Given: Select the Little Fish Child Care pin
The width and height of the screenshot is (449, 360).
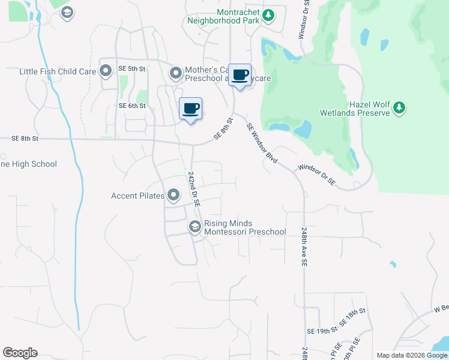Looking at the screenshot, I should [x=106, y=72].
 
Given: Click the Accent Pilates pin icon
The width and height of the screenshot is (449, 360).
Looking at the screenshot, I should [x=173, y=195].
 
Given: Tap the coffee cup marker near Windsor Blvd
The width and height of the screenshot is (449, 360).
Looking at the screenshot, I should [x=240, y=76].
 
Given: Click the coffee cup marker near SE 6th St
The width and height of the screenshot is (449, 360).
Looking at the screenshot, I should [x=191, y=109].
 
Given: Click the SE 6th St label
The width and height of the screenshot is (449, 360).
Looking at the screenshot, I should [x=133, y=106].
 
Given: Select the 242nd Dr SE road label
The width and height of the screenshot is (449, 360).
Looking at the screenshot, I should [x=193, y=188].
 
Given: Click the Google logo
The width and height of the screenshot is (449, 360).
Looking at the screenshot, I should [x=20, y=353].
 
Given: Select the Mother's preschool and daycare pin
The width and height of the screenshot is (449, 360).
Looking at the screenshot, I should [x=176, y=74].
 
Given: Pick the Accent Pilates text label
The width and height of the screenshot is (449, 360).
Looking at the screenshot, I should [x=137, y=196].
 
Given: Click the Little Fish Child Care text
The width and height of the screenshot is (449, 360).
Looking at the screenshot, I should [x=58, y=71].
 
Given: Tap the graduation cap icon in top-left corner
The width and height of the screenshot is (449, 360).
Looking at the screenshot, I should [x=67, y=12].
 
